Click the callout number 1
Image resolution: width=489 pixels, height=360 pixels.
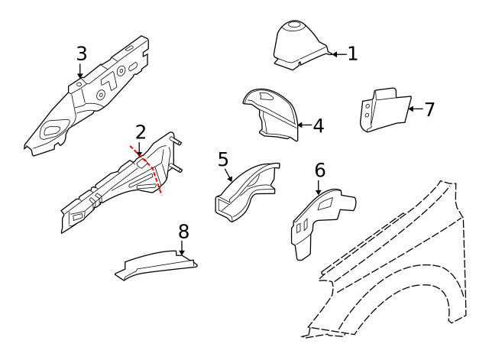click(352, 54)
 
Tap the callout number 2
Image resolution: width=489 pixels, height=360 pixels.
click(140, 133)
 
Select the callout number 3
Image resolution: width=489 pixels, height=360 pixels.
click(81, 54)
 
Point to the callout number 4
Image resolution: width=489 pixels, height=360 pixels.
click(318, 125)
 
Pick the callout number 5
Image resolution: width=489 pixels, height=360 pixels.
click(223, 159)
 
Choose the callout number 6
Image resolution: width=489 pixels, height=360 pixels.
click(319, 170)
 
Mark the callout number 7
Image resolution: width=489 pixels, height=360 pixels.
click(429, 109)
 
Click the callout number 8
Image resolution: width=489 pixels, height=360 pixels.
click(183, 231)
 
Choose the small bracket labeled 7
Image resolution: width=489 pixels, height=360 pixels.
click(384, 109)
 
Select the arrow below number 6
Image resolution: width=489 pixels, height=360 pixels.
click(319, 186)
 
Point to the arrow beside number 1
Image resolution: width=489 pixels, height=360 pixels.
click(337, 54)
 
